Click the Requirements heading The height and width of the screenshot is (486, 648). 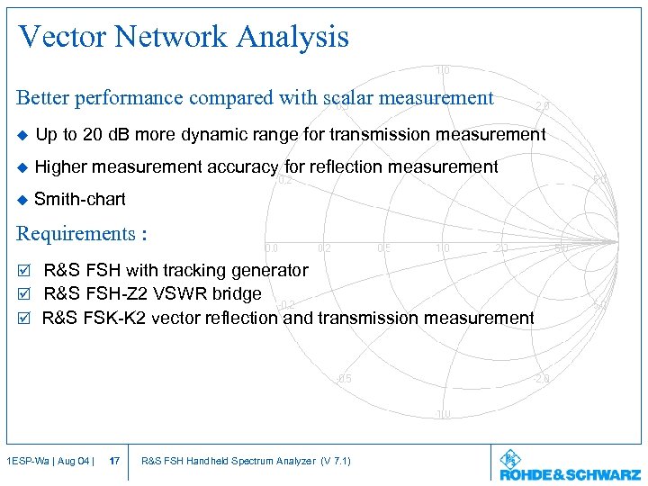tap(81, 234)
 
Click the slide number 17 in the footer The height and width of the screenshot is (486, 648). tap(114, 462)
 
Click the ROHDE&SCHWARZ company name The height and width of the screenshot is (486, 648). tap(571, 473)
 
